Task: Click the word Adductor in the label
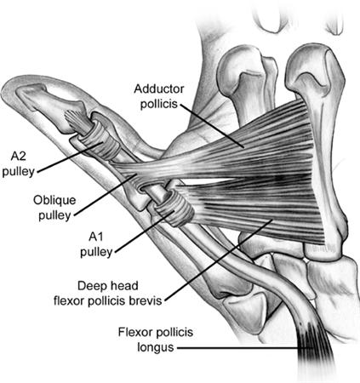coord(159,89)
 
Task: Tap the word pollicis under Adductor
coord(159,104)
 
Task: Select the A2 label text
coord(18,157)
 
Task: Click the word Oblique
coord(54,200)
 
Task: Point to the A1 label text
coord(96,237)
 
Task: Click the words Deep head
coord(108,286)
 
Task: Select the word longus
coord(155,347)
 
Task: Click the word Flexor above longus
coord(134,332)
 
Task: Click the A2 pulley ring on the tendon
coord(104,139)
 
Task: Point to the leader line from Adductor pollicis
coord(212,126)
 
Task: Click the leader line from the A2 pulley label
coord(70,157)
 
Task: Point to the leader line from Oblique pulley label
coord(106,196)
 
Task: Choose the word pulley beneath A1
coord(96,252)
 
